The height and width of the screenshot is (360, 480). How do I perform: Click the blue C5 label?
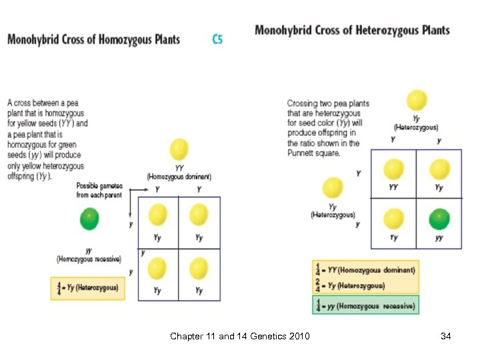(x=217, y=39)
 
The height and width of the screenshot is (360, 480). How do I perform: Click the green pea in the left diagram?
(x=89, y=219)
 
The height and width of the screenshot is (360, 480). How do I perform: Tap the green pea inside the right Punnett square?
(x=439, y=219)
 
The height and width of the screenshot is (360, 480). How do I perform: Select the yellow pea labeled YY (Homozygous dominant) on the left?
(x=179, y=149)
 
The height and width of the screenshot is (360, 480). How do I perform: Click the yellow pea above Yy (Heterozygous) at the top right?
(x=417, y=101)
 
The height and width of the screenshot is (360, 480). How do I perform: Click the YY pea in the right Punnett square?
(x=394, y=169)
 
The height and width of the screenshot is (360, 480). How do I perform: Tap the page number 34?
(x=446, y=337)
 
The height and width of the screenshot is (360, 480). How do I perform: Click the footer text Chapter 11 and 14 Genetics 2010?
(x=240, y=337)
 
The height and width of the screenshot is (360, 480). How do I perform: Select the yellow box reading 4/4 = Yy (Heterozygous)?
(x=87, y=288)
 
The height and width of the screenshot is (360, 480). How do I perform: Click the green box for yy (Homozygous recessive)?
(x=365, y=305)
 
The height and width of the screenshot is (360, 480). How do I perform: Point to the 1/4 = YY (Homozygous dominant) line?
(x=365, y=270)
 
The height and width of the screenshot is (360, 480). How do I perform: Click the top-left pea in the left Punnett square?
(x=158, y=215)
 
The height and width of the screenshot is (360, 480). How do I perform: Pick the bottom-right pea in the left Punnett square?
(x=199, y=269)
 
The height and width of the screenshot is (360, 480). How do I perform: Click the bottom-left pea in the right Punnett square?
(x=394, y=219)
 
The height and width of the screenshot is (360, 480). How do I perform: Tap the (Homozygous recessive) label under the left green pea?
(x=89, y=259)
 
